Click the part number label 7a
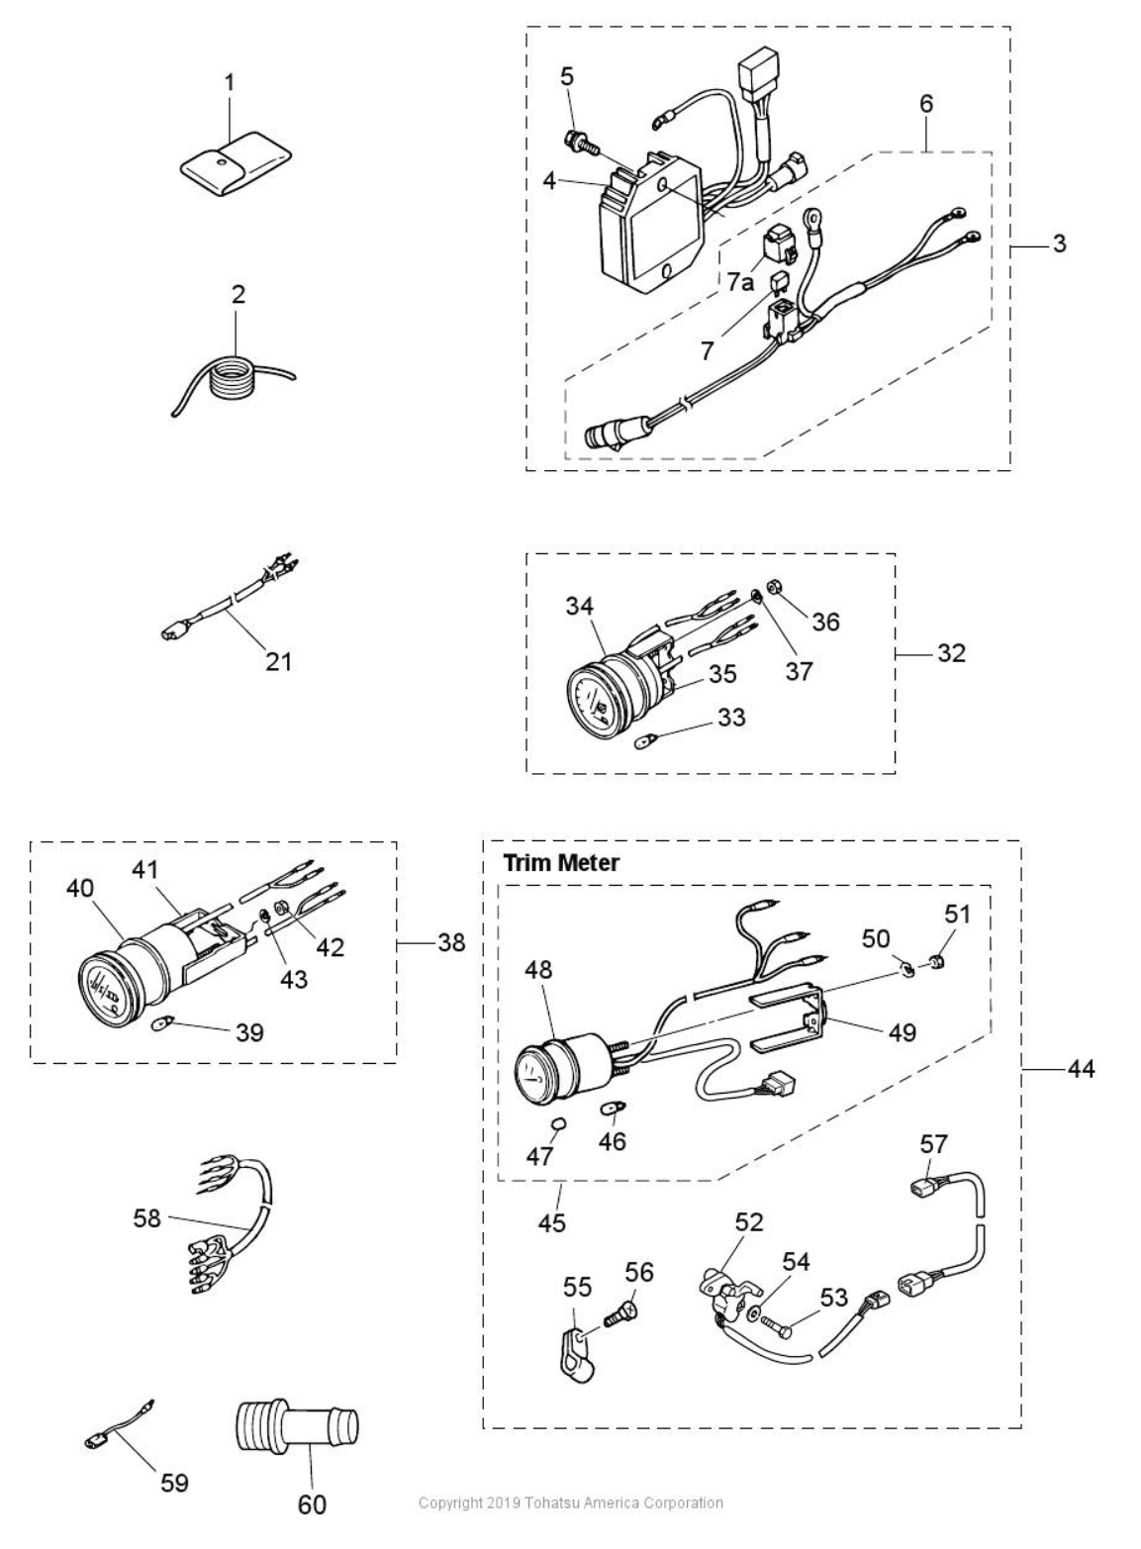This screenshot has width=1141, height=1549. click(x=740, y=281)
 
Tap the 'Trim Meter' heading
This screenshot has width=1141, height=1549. click(x=561, y=863)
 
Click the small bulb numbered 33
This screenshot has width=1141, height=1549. click(x=644, y=743)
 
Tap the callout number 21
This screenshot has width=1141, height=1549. click(x=279, y=662)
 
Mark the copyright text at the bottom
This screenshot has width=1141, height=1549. click(x=570, y=1503)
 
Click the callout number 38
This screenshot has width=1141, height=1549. click(x=451, y=942)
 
